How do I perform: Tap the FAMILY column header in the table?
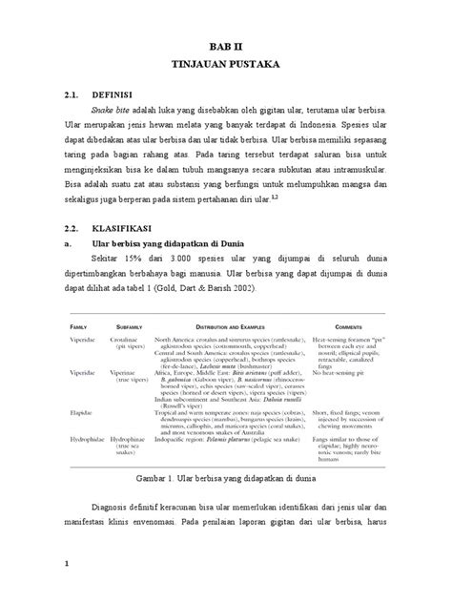tap(75, 327)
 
